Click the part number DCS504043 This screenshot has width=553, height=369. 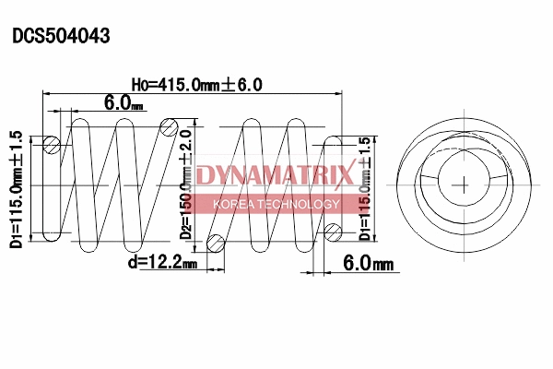[61, 37]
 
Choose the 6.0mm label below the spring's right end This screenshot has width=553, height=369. [368, 264]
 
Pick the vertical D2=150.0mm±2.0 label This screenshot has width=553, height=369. [187, 184]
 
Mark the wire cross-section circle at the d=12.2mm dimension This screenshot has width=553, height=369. [217, 244]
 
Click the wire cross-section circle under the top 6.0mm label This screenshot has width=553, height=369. [53, 145]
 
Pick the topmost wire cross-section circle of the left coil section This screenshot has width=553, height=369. [170, 125]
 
